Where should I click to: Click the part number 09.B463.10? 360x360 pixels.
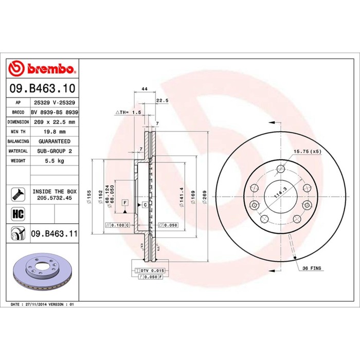pyautogui.click(x=43, y=88)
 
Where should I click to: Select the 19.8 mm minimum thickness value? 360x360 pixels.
pyautogui.click(x=55, y=132)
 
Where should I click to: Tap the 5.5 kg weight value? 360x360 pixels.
pyautogui.click(x=55, y=160)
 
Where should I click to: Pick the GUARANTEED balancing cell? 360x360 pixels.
pyautogui.click(x=55, y=141)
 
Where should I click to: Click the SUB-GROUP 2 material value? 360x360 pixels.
pyautogui.click(x=55, y=151)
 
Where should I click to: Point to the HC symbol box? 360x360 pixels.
pyautogui.click(x=18, y=214)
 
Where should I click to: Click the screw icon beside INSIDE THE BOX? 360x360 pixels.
pyautogui.click(x=18, y=194)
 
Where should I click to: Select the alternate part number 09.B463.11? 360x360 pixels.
pyautogui.click(x=55, y=233)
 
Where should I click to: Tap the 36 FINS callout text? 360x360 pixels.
pyautogui.click(x=312, y=268)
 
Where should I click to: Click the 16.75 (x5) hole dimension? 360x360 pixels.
pyautogui.click(x=308, y=152)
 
